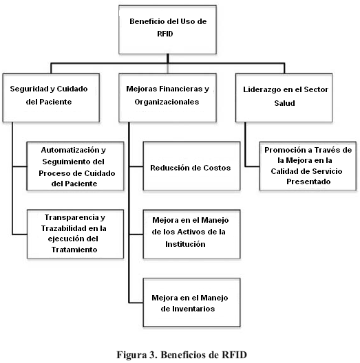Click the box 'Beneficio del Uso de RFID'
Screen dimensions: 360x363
tap(167, 30)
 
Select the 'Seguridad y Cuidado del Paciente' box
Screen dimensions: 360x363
tap(51, 98)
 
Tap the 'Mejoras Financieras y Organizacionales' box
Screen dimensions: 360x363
tap(167, 98)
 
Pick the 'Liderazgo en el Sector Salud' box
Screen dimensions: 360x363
tap(284, 98)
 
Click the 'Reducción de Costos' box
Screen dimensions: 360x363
tap(192, 166)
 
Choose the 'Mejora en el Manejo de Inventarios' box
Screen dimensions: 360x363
tap(192, 302)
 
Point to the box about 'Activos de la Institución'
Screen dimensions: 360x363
tap(192, 234)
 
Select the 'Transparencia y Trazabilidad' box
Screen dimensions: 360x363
tap(75, 234)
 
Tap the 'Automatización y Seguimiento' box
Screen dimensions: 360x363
tap(75, 166)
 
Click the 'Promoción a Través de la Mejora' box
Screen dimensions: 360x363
tap(308, 166)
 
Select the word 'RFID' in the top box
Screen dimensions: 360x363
tap(165, 34)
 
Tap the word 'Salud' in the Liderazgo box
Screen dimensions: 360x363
tap(285, 103)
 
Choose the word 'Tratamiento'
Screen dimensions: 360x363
tap(74, 250)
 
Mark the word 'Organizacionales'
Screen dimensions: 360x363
tap(167, 102)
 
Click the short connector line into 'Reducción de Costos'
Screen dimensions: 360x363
tap(136, 166)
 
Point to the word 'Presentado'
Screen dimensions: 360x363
tap(308, 181)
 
